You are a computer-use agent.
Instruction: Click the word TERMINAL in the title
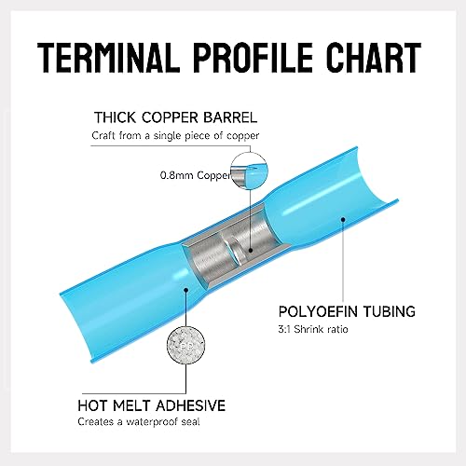click(x=109, y=58)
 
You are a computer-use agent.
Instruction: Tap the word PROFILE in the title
click(x=253, y=58)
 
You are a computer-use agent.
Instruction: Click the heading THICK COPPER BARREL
click(x=176, y=117)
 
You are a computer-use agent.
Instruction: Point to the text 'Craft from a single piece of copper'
click(x=175, y=136)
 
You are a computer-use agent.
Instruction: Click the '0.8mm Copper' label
click(x=196, y=175)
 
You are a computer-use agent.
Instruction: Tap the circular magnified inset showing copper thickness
click(x=249, y=171)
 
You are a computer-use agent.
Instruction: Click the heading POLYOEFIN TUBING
click(x=347, y=311)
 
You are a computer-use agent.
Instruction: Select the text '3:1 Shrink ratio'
click(x=313, y=329)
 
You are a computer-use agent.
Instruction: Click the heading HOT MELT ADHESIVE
click(x=152, y=405)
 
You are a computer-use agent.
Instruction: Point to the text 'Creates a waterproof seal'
click(x=139, y=421)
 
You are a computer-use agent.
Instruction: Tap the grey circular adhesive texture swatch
click(x=185, y=345)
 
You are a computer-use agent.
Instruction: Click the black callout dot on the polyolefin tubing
click(x=343, y=219)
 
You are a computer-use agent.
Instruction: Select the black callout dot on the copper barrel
click(x=251, y=250)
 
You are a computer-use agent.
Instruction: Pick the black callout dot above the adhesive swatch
click(x=185, y=290)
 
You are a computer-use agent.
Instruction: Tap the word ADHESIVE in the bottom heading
click(x=191, y=405)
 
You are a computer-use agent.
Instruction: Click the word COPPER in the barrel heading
click(x=170, y=117)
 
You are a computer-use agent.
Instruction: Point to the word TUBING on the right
click(x=390, y=311)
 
